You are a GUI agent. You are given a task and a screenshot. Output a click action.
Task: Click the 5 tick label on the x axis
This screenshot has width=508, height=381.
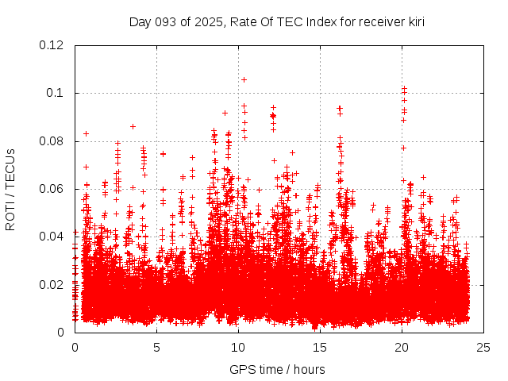[x=156, y=347]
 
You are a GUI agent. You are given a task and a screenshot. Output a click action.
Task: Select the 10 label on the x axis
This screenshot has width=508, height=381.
[x=238, y=347]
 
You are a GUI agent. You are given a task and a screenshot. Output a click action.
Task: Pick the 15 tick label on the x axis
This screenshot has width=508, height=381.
[x=320, y=347]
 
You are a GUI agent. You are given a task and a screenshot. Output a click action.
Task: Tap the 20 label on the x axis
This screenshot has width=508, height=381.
[x=402, y=347]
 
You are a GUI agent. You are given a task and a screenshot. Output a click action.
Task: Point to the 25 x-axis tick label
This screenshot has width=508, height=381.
[x=483, y=347]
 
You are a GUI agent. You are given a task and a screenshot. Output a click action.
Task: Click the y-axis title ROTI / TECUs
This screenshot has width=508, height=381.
[x=10, y=189]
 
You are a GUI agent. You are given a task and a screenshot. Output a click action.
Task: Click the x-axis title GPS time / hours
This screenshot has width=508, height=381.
[x=277, y=369]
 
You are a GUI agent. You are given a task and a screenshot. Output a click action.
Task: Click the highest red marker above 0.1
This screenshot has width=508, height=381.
[x=244, y=79]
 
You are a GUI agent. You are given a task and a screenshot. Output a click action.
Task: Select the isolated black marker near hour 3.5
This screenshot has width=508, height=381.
[x=133, y=126]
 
